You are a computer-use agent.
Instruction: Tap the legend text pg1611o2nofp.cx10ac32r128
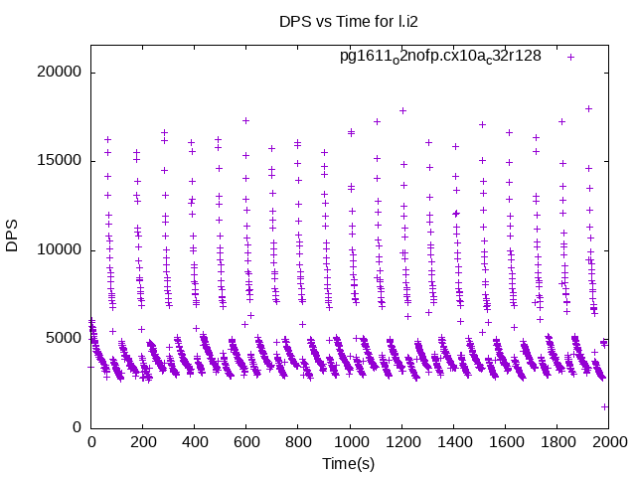point(440,56)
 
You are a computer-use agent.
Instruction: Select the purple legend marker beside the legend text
point(571,57)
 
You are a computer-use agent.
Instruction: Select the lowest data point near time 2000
point(604,406)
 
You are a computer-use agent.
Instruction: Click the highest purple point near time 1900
point(588,108)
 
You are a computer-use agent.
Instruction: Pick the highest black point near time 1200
point(402,110)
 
